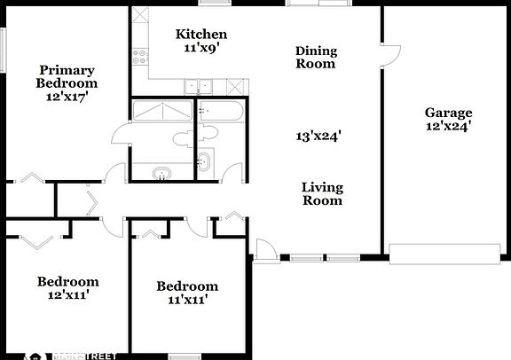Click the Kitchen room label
pyautogui.click(x=201, y=35)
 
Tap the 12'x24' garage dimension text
pyautogui.click(x=448, y=126)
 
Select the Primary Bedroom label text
pyautogui.click(x=67, y=76)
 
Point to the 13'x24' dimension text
pyautogui.click(x=318, y=136)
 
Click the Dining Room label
pyautogui.click(x=316, y=58)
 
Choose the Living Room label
pyautogui.click(x=322, y=194)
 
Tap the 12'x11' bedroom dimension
pyautogui.click(x=68, y=295)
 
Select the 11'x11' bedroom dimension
pyautogui.click(x=188, y=300)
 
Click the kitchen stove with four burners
pyautogui.click(x=140, y=57)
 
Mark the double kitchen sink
pyautogui.click(x=198, y=87)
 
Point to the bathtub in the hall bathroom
pyautogui.click(x=221, y=112)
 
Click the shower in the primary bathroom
pyautogui.click(x=162, y=111)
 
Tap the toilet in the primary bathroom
pyautogui.click(x=183, y=139)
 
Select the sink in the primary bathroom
pyautogui.click(x=162, y=173)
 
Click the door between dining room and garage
pyautogui.click(x=390, y=56)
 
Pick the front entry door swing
pyautogui.click(x=266, y=249)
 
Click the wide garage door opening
pyautogui.click(x=444, y=254)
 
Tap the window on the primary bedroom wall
pyautogui.click(x=3, y=50)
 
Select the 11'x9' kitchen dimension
pyautogui.click(x=201, y=48)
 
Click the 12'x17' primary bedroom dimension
pyautogui.click(x=67, y=97)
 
